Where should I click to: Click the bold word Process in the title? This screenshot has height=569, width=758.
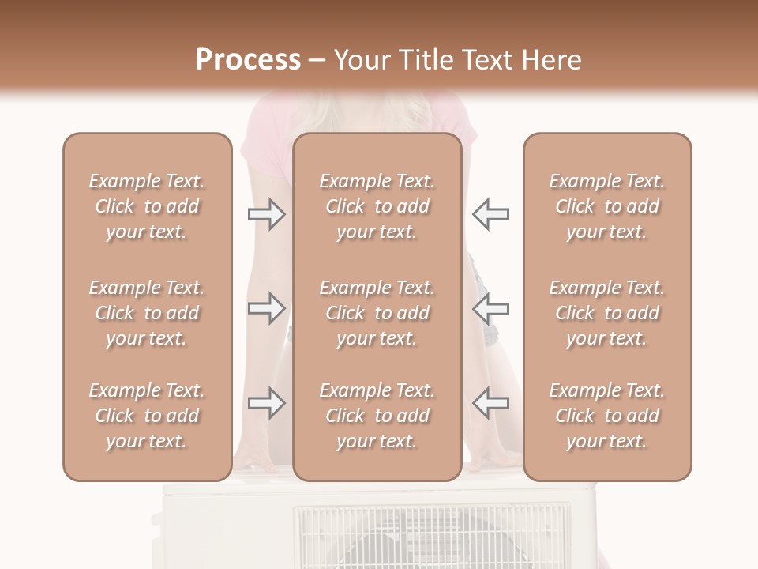[248, 60]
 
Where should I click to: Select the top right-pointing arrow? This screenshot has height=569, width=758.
[266, 214]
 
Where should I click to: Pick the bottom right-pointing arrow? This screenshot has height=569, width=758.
[266, 403]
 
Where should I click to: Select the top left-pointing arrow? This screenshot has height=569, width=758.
[490, 214]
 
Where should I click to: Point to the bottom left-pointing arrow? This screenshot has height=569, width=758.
[490, 403]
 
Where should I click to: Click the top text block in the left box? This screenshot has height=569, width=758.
[147, 206]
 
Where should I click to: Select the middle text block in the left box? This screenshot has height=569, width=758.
[147, 313]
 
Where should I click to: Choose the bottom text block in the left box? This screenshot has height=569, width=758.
[147, 416]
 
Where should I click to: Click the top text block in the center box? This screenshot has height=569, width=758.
[377, 206]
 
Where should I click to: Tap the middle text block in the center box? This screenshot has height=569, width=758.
[377, 313]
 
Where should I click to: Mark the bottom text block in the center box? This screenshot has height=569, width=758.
[377, 416]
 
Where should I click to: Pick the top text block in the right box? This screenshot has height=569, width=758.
[607, 206]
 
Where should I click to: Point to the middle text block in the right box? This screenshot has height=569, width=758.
[607, 313]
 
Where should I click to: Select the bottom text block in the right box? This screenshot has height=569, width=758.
[607, 416]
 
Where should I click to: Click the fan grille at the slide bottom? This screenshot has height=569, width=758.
[430, 537]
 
